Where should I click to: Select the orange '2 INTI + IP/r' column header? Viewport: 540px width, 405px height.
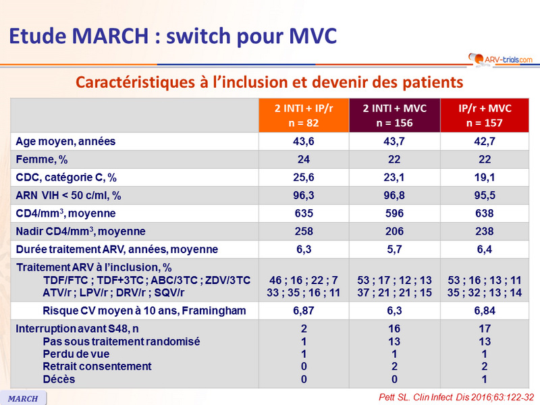(x=303, y=115)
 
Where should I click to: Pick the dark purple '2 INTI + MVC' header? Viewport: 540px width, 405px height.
(x=395, y=115)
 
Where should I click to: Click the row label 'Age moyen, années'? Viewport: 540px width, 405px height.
(x=65, y=141)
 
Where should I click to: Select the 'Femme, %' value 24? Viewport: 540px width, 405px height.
(x=303, y=159)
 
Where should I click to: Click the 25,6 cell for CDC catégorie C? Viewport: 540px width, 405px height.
(x=303, y=178)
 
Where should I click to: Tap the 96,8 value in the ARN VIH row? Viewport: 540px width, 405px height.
(x=395, y=196)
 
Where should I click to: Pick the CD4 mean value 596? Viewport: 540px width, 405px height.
(x=395, y=213)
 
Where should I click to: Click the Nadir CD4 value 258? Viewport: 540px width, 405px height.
(x=303, y=232)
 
